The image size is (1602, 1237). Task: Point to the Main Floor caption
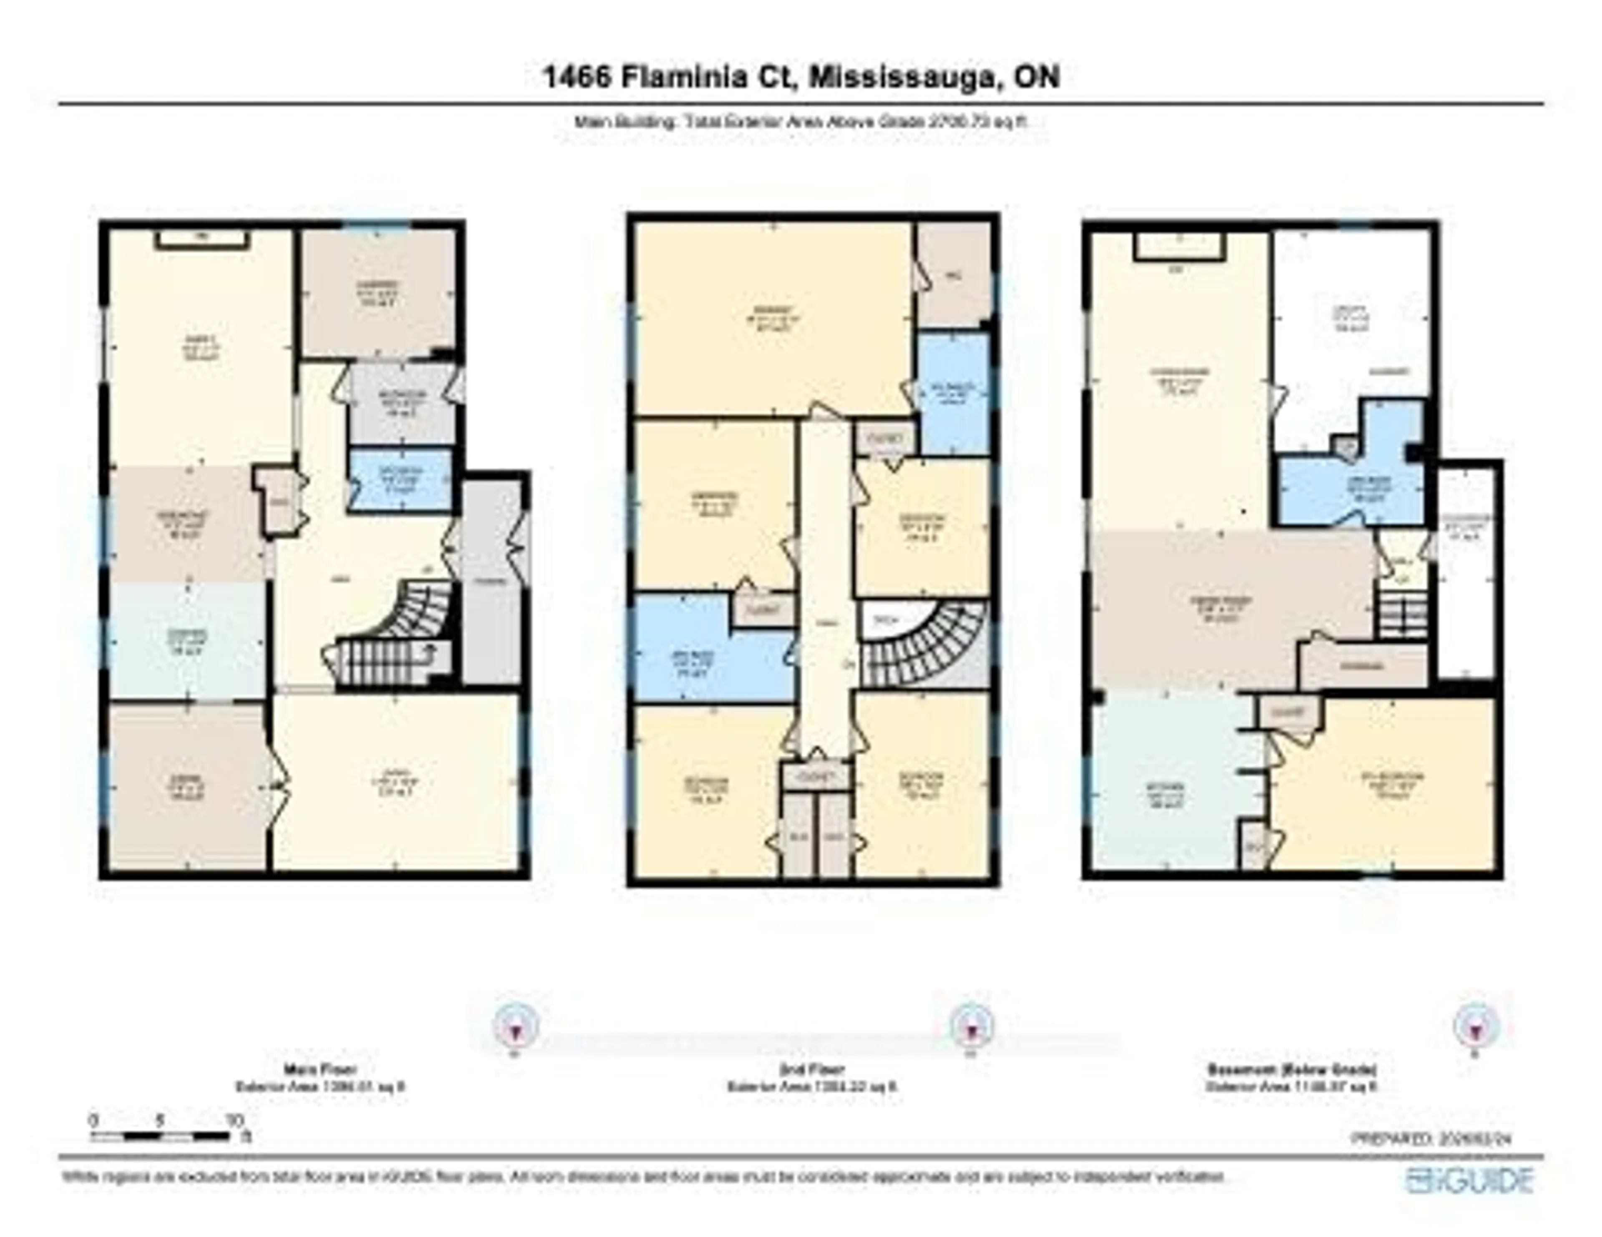(x=320, y=1070)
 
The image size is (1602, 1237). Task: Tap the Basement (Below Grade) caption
(x=1292, y=1070)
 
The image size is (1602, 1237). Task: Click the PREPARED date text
(x=1431, y=1139)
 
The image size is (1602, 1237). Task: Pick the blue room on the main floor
(x=400, y=479)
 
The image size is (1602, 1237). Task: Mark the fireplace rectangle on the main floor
(x=202, y=241)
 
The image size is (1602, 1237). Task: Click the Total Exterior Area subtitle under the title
(x=801, y=123)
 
